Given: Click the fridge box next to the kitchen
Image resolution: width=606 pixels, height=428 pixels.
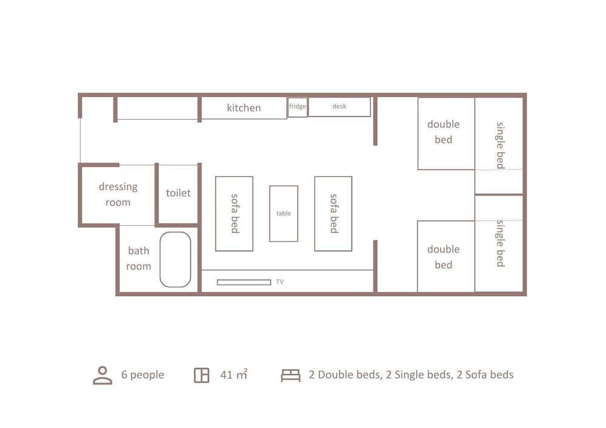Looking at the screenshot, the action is point(298,107).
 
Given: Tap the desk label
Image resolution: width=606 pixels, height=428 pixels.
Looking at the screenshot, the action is point(339,106).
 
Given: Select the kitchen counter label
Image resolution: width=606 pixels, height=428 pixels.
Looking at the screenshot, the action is point(244,108).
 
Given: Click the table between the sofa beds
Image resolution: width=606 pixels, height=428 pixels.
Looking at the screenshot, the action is point(284,214).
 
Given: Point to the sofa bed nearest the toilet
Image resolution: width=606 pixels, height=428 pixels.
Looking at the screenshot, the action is point(234,214).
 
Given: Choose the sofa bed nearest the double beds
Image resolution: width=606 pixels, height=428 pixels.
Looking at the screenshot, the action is point(333,214).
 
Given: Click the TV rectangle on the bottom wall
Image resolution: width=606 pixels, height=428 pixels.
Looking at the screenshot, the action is point(244,283).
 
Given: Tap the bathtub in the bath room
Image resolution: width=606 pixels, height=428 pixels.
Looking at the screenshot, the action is point(176,259).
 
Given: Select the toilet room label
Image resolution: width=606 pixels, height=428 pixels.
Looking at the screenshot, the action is point(178,193).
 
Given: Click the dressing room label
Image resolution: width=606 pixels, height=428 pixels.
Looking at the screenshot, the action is point(118,194).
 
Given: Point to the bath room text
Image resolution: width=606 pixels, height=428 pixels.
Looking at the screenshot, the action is point(138,258).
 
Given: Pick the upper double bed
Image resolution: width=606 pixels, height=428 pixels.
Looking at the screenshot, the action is point(446,134).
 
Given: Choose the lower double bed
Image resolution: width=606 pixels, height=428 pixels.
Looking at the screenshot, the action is point(446,256).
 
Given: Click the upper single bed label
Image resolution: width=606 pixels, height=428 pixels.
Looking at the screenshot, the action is point(501,145).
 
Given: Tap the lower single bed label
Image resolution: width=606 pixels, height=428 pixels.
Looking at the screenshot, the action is point(501,243).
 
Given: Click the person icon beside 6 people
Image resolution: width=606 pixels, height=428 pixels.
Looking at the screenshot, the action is point(102,375).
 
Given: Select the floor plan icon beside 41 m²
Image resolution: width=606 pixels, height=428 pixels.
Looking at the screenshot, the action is point(201,375).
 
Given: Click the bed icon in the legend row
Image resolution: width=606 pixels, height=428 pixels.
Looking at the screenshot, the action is point(291,375).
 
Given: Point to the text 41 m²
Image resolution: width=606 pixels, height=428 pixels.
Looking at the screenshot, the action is point(234,374).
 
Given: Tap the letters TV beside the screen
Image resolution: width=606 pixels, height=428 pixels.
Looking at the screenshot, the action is point(280,282).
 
